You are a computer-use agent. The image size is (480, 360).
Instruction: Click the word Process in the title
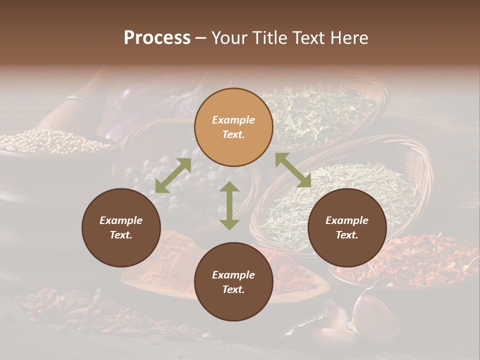coord(157,38)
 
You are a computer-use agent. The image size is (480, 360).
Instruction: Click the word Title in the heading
coord(270,38)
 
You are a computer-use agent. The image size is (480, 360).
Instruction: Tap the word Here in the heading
coord(348,38)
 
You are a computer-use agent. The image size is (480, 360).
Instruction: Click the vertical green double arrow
coord(229,205)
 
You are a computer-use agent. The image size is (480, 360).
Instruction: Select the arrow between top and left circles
coord(173,175)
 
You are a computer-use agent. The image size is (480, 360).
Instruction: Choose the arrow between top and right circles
coord(293,170)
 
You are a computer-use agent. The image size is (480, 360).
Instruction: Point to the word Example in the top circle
coord(233,120)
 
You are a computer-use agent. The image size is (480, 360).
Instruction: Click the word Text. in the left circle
coord(121,235)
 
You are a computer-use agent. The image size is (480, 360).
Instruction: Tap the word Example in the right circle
coord(347,220)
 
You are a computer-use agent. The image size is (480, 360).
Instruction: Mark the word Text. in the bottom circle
coord(233,289)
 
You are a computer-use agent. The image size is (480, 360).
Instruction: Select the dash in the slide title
coord(201,38)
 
